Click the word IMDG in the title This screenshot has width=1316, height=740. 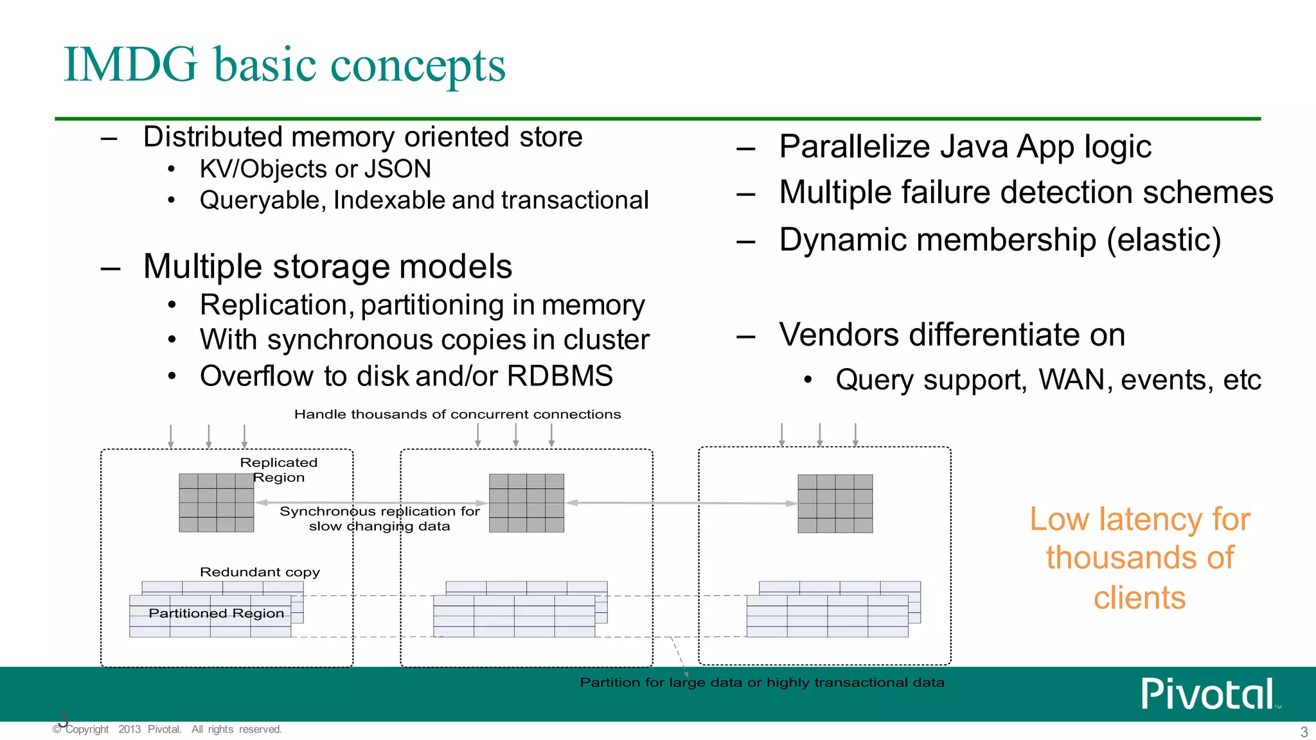[x=130, y=65]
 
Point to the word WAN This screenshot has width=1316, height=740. [x=1071, y=380]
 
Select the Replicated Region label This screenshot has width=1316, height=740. [x=278, y=470]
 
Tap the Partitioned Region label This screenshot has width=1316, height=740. [x=216, y=613]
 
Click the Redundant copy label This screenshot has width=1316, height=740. [x=260, y=572]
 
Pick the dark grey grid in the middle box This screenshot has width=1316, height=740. [x=526, y=503]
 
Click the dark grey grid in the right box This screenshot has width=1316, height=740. [x=835, y=504]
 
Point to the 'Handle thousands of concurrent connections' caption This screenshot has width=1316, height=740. [x=457, y=414]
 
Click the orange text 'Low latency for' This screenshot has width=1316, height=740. [x=1139, y=519]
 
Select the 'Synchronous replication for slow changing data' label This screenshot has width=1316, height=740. [x=379, y=518]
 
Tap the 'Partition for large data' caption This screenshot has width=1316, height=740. [x=761, y=682]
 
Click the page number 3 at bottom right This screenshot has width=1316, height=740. [x=1304, y=732]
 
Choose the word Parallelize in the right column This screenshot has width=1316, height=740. [x=854, y=146]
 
